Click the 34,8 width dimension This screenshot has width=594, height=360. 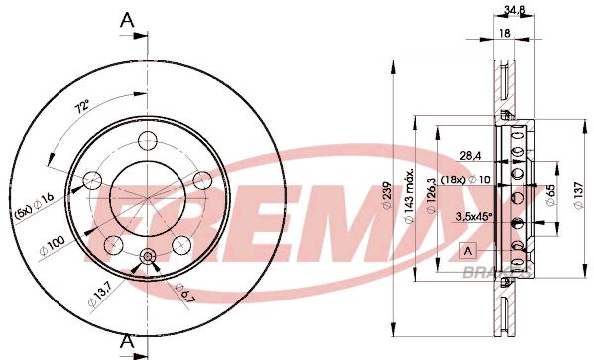pos(514,10)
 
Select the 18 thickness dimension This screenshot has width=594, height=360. pos(504,33)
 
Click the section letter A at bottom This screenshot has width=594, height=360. pos(127,342)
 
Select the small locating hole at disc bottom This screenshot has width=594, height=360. pos(148,257)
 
